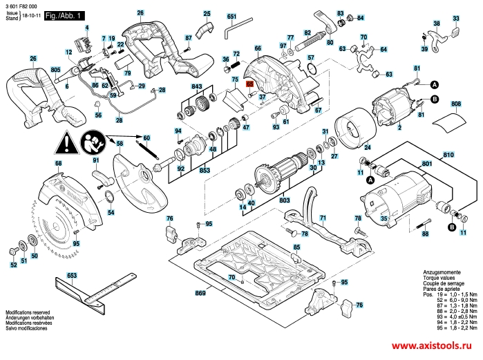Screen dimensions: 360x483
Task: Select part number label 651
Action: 231,16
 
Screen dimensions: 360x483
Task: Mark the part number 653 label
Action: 71,276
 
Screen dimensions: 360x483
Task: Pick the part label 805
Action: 55,70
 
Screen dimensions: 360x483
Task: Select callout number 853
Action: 205,170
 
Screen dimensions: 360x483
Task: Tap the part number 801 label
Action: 427,164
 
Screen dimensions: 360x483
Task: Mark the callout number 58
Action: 120,144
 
